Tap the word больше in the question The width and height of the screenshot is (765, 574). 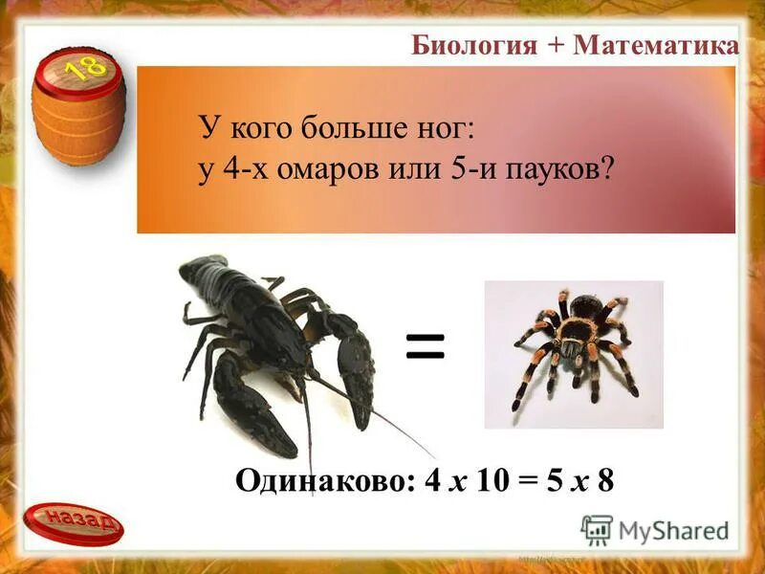click(x=347, y=128)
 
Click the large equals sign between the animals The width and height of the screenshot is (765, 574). click(x=426, y=347)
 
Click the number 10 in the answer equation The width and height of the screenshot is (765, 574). click(x=486, y=479)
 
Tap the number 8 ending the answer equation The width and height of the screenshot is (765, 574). click(x=604, y=479)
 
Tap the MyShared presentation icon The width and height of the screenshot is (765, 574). click(x=597, y=529)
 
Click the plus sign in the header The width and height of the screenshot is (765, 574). click(x=555, y=46)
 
